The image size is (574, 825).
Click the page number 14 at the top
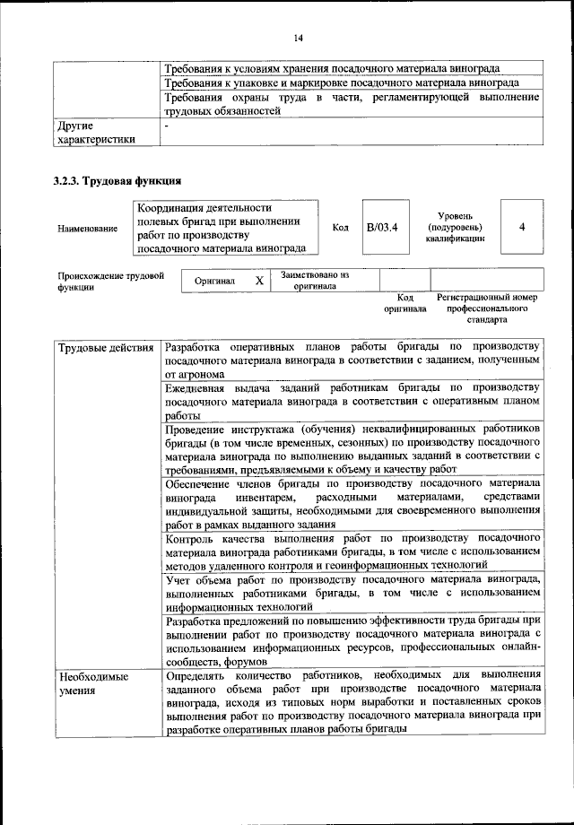[x=298, y=38]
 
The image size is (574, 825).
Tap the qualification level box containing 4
[x=521, y=227]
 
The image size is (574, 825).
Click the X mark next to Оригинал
[x=258, y=281]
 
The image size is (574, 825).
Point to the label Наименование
[x=87, y=229]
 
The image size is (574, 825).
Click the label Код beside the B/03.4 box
[x=340, y=228]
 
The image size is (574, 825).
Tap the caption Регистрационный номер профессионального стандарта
[x=486, y=307]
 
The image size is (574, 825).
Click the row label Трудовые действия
[x=105, y=347]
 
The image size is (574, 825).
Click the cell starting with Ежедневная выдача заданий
[x=352, y=402]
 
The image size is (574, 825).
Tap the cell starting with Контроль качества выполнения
[x=352, y=551]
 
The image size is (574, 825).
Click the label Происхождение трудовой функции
[x=109, y=282]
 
